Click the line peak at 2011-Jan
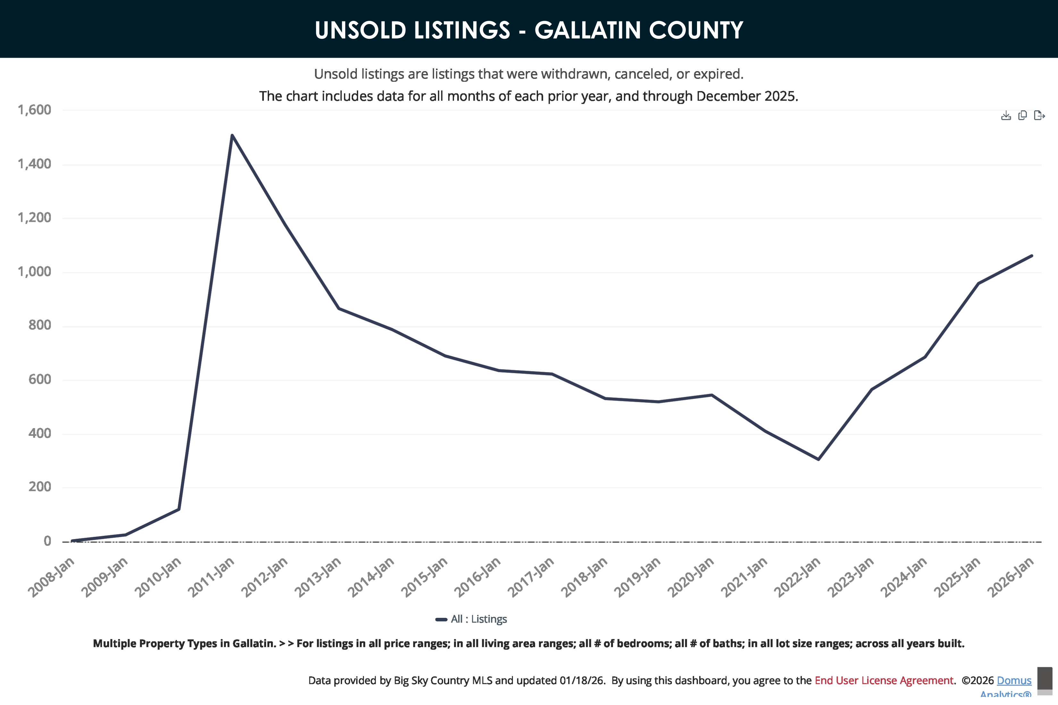coord(232,135)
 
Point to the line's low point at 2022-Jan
coord(818,459)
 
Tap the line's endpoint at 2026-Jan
coord(1031,256)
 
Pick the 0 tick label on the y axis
coord(47,541)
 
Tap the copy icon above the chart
coord(1022,116)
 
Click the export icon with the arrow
coord(1039,116)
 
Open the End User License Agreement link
coord(884,680)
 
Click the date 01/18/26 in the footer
coord(581,680)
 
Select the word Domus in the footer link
coord(1014,680)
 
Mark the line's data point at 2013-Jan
coord(339,308)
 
